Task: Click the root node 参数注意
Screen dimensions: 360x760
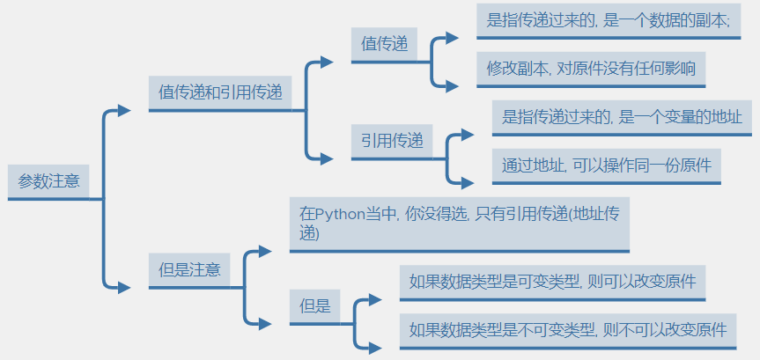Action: pyautogui.click(x=49, y=182)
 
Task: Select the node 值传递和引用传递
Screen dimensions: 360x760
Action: pyautogui.click(x=220, y=92)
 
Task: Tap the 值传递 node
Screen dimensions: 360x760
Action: pyautogui.click(x=385, y=45)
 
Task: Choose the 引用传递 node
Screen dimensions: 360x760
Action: pyautogui.click(x=392, y=140)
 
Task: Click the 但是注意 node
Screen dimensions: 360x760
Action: pyautogui.click(x=189, y=270)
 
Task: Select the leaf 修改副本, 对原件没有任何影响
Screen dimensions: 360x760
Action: pyautogui.click(x=596, y=69)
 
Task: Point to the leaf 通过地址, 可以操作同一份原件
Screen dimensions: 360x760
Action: pyautogui.click(x=606, y=165)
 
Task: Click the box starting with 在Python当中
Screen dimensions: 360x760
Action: pyautogui.click(x=459, y=224)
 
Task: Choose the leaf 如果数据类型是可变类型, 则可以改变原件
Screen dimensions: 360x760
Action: pyautogui.click(x=553, y=282)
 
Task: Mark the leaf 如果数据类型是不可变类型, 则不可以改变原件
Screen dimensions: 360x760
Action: pyautogui.click(x=568, y=330)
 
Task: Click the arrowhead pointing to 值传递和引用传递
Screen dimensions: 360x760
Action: pyautogui.click(x=125, y=110)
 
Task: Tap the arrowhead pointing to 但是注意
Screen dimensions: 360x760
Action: pyautogui.click(x=125, y=287)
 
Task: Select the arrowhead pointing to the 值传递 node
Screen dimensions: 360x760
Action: pyautogui.click(x=327, y=62)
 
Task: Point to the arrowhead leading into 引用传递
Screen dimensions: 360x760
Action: pyautogui.click(x=327, y=158)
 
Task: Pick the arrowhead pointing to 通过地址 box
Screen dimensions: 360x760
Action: pyautogui.click(x=467, y=182)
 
